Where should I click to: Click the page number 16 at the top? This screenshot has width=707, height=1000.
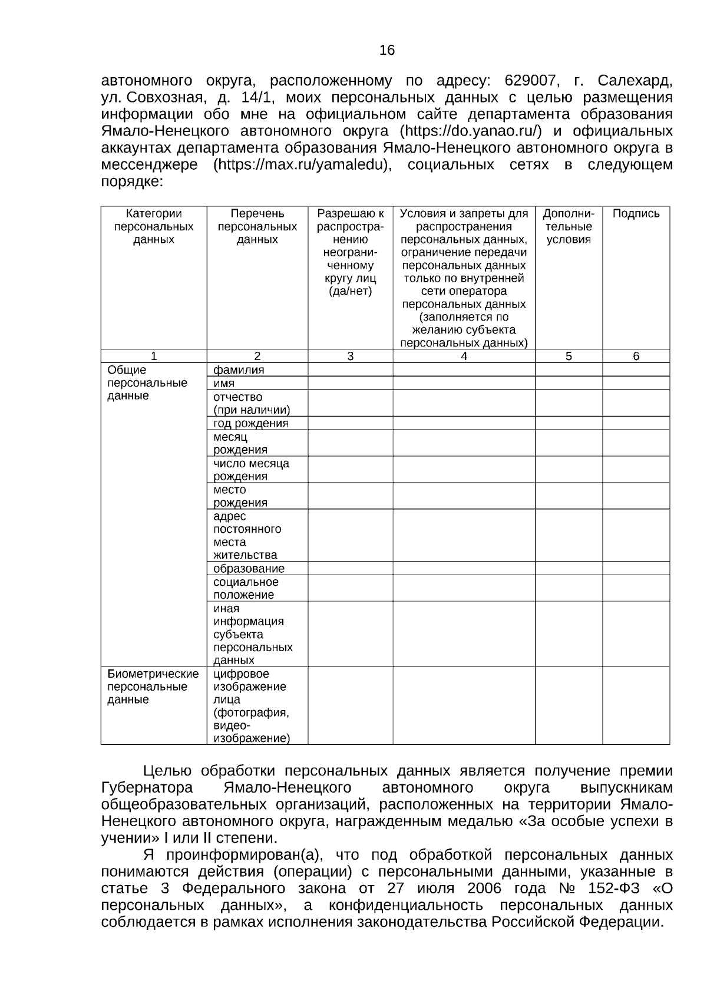387,51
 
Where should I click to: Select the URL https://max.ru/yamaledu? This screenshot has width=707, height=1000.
302,164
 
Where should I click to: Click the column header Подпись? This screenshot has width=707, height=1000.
636,214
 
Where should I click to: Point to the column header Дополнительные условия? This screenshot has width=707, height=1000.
568,226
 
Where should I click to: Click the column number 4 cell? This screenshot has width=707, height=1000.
464,356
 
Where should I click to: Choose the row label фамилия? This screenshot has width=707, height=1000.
239,370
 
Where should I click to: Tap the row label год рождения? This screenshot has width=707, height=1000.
250,423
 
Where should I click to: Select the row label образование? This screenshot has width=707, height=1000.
249,569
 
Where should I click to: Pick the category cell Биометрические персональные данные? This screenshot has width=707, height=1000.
153,687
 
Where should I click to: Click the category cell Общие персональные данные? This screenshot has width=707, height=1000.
147,383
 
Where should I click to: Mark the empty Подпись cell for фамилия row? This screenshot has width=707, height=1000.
636,369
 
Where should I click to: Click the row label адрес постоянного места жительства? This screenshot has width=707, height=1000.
247,536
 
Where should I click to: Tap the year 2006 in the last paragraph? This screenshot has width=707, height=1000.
489,889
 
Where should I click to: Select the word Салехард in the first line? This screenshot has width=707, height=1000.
635,80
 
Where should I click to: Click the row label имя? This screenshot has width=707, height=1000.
224,384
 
